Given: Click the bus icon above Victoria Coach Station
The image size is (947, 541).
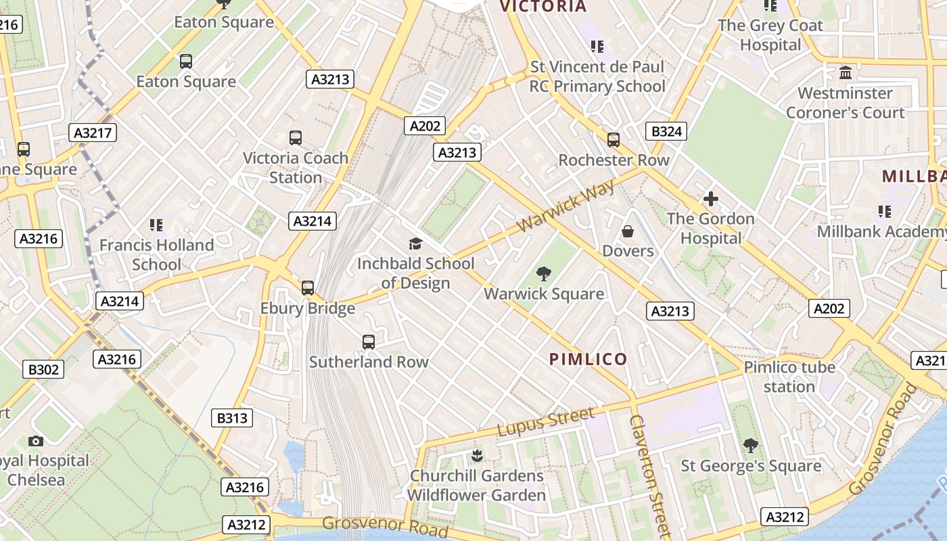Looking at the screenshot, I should click(296, 138).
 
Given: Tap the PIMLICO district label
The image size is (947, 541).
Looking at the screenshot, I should click(588, 359).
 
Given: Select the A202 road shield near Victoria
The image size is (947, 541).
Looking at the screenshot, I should click(425, 125).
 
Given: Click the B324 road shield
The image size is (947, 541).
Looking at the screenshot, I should click(666, 131).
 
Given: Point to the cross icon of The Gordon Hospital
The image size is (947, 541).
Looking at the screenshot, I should click(710, 199).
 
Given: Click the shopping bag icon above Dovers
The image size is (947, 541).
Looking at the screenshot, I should click(628, 231).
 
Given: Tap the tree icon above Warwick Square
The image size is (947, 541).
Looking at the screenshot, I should click(543, 274).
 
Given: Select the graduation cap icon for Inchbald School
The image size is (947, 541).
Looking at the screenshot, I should click(415, 243).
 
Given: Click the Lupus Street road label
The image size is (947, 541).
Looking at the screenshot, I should click(546, 422).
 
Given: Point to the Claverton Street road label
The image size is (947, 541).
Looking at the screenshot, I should click(648, 473).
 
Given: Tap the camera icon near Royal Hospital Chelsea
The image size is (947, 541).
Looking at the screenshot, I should click(36, 441).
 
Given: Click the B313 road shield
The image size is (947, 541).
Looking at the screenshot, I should click(232, 419).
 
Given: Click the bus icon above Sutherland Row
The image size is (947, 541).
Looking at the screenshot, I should click(369, 342).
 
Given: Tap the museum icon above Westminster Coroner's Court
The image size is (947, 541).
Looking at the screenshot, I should click(845, 72).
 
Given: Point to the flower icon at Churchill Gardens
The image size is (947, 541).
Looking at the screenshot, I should click(477, 455).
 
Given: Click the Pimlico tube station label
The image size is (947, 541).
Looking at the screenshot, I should click(789, 377).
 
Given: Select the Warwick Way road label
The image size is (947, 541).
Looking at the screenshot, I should click(566, 206).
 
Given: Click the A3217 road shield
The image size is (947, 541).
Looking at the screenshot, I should click(93, 133).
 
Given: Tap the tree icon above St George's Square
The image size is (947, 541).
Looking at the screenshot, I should click(750, 446).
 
